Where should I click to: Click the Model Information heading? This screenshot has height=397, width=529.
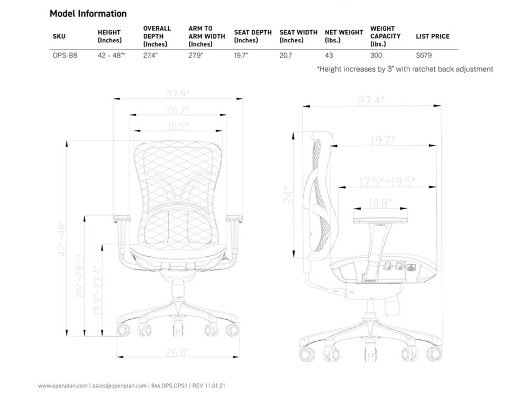point(88,14)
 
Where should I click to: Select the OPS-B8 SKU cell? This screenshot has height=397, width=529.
point(65,55)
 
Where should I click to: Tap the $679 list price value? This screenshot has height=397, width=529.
point(424,55)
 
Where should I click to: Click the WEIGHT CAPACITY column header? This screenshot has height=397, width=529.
point(385,36)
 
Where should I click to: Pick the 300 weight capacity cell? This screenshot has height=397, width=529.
point(376,55)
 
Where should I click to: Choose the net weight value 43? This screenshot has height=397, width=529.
point(329,55)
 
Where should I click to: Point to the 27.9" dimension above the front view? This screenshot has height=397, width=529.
point(178,95)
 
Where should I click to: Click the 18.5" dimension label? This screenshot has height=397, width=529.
point(178,127)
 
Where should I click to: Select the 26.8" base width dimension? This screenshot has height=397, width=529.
point(178,352)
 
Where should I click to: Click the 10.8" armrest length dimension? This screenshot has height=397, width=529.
point(380,203)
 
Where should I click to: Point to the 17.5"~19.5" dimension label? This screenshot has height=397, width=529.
point(387,182)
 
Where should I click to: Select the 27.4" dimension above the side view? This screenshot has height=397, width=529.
point(371,101)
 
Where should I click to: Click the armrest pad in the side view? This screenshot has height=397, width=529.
point(380,219)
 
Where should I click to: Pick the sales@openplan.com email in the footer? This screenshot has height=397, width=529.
point(119,386)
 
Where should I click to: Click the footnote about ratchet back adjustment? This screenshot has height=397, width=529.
point(405,69)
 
